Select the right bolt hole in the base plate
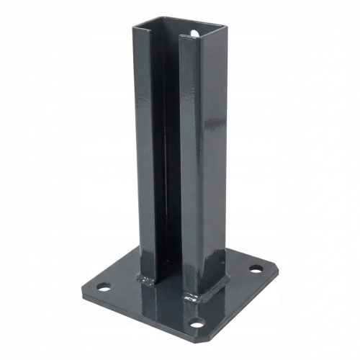256,269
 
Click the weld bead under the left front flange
148,276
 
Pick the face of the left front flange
145,144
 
